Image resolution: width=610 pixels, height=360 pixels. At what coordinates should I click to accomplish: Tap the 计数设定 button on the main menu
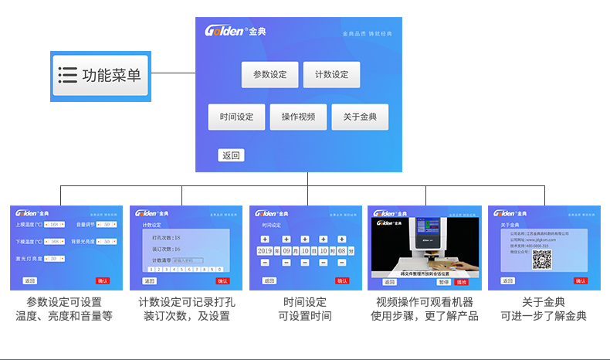coord(331,75)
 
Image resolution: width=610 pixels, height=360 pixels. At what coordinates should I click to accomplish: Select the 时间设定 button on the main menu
coord(236,117)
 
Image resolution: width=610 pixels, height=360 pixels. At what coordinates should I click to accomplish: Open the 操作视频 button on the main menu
coord(298,117)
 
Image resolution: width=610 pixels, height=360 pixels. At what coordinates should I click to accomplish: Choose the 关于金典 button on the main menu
coord(360,117)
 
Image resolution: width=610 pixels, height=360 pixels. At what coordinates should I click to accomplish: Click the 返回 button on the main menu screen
coord(231,155)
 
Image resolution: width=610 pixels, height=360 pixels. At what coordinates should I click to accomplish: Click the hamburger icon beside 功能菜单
coord(68,75)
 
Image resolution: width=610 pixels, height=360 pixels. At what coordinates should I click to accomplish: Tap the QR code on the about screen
coord(542,260)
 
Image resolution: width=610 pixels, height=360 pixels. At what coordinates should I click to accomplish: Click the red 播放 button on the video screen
coord(462,281)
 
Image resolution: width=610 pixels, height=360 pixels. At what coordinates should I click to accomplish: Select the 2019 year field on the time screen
coord(265,251)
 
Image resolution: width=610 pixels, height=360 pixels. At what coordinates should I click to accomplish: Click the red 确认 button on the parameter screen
coord(103,281)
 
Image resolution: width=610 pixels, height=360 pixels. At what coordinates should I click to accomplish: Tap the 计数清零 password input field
coord(188,261)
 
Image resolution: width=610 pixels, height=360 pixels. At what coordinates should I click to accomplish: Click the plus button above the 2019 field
coord(265,239)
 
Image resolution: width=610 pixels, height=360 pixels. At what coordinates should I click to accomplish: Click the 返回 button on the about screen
coord(507,281)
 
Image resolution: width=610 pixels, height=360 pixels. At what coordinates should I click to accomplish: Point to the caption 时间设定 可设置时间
coord(305,309)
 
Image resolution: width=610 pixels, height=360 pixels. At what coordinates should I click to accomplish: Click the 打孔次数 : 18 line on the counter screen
coord(167,238)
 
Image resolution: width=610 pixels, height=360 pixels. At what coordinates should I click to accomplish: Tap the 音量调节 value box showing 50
coord(107,225)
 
